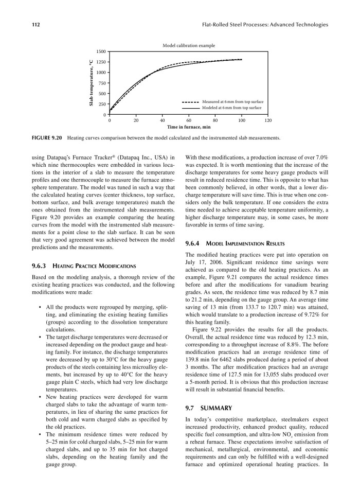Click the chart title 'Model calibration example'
[189, 46]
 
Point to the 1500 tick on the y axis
[102, 51]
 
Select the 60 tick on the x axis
[188, 120]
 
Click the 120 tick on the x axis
[267, 120]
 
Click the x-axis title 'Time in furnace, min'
[188, 127]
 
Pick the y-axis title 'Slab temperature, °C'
[91, 83]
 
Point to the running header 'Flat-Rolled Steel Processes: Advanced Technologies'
[266, 24]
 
